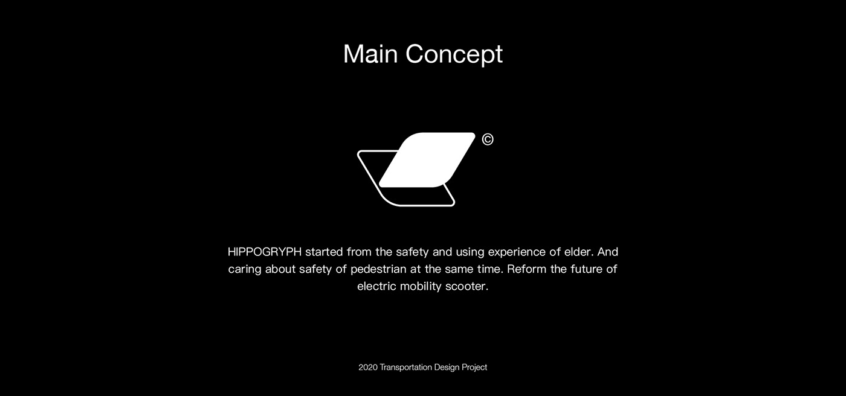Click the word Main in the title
point(370,54)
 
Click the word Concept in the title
point(454,55)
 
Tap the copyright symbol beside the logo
point(488,139)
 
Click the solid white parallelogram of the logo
point(427,160)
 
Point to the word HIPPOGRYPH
point(265,252)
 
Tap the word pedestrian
point(378,269)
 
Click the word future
point(587,269)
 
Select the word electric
point(376,286)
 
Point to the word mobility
point(421,287)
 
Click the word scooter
point(467,287)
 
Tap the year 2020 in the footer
point(368,368)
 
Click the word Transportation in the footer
point(405,368)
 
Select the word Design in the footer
point(447,368)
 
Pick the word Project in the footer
point(474,368)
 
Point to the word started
point(324,252)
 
